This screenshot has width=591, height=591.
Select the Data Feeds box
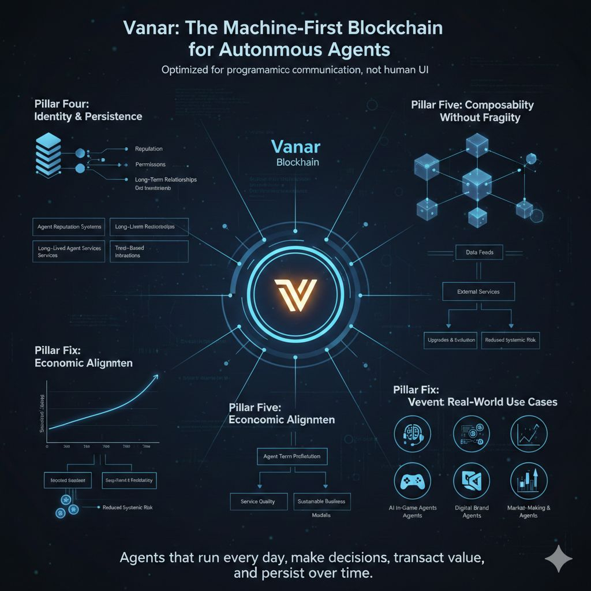point(478,252)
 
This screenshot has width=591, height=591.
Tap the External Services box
point(478,291)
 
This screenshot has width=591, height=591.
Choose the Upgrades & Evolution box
point(450,340)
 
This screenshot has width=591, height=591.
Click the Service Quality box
point(257,502)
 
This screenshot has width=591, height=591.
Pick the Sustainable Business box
point(321,502)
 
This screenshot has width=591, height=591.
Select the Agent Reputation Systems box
point(69,227)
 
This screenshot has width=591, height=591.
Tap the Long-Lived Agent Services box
point(69,251)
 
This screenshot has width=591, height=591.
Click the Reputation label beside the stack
point(149,149)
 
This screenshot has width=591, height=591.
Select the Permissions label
point(149,164)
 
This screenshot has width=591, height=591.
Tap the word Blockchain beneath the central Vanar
point(297,163)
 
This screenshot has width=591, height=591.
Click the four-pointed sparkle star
point(559,560)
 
